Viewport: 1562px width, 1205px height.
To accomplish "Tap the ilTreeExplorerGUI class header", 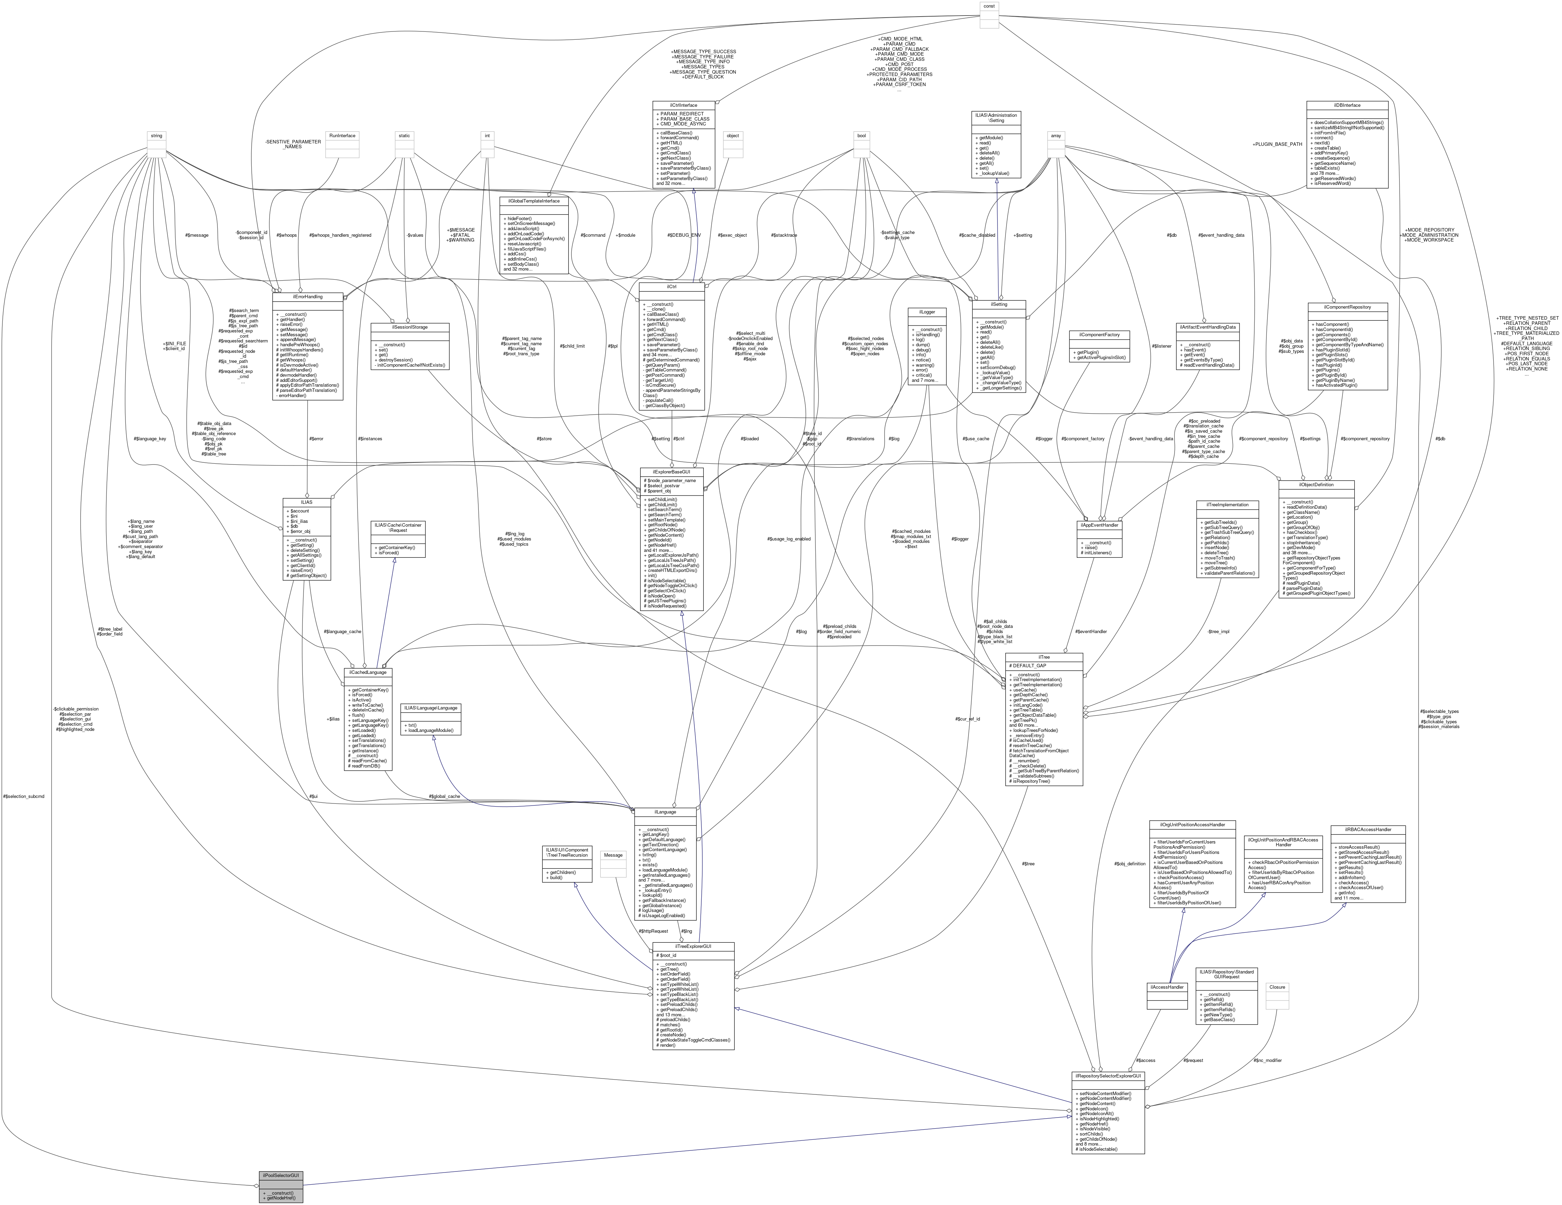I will [x=693, y=946].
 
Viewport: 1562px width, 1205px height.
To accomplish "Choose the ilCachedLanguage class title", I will [x=368, y=672].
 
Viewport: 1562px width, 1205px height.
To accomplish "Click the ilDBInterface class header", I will [x=1347, y=105].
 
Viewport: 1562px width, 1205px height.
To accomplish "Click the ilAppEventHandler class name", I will [x=1099, y=525].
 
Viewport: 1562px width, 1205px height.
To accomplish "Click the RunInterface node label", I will [x=342, y=135].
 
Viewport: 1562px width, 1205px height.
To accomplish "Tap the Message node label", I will [x=613, y=855].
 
